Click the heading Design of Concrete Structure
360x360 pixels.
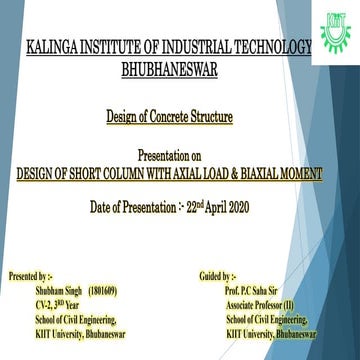pyautogui.click(x=170, y=118)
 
